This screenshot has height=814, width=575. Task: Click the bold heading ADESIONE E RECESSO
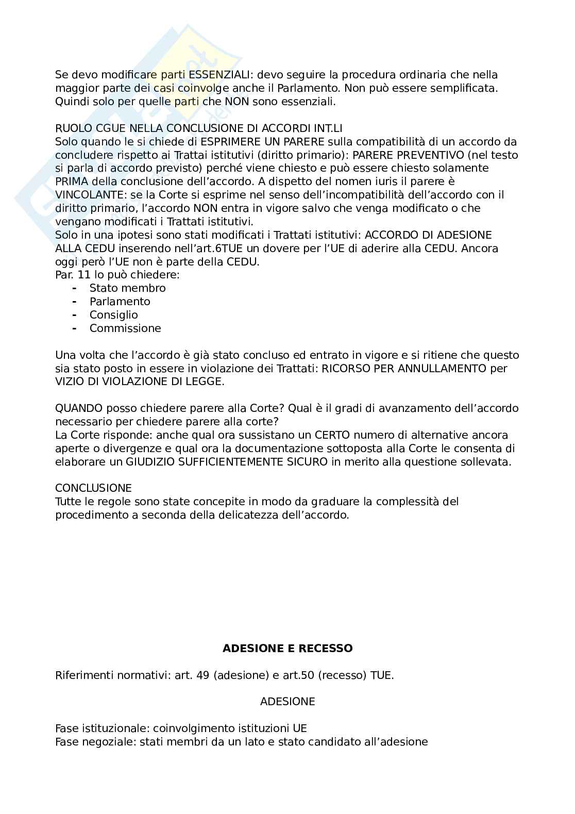click(287, 648)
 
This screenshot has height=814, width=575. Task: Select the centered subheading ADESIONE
click(287, 702)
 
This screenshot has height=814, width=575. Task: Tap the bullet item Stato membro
click(127, 288)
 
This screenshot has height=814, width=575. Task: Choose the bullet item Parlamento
click(120, 302)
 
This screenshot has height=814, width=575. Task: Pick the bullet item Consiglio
click(113, 315)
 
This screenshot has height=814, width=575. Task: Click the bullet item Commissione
click(125, 328)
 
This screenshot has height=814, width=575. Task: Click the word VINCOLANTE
click(89, 195)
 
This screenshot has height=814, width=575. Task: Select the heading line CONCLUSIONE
click(93, 488)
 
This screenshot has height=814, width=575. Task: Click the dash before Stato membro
click(75, 288)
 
